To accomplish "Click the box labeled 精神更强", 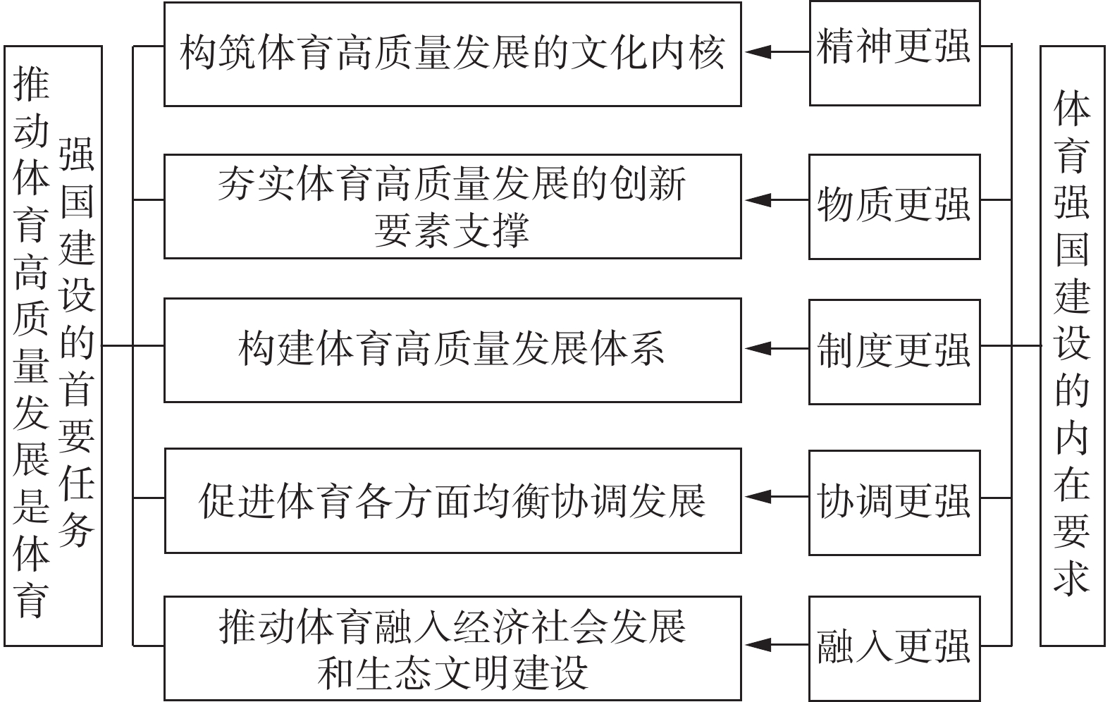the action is pos(895,53).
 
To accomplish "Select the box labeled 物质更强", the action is pos(895,207).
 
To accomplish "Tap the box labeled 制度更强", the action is pos(895,352).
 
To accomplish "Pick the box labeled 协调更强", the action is pos(895,503).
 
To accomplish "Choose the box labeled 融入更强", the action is pos(895,648).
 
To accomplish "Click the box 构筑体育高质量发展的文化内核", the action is pos(453,54).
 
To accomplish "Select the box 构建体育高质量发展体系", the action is pos(453,350).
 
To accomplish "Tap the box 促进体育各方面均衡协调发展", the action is pos(453,501).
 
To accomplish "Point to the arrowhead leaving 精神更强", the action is pos(758,51).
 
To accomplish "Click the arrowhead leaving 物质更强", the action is pos(758,200).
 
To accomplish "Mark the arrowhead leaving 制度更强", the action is pos(758,349).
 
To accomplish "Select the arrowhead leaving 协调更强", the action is pos(758,496).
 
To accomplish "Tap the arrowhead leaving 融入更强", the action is pos(758,645).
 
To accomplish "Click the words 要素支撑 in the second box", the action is pos(452,230).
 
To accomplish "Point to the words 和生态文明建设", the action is pos(452,673).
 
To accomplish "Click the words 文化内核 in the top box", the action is pos(648,52).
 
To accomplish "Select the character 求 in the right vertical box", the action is pos(1072,578).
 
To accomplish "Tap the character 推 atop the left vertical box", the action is pos(31,84).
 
